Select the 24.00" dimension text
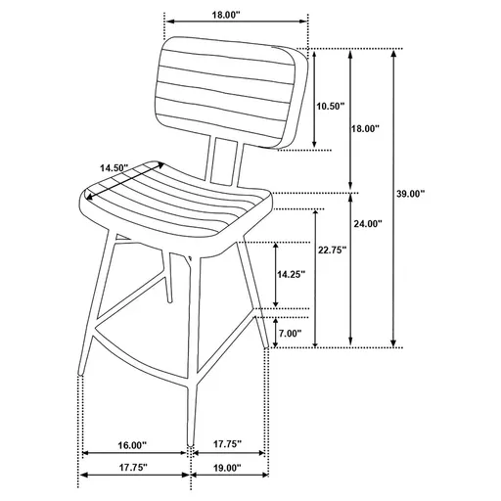pyautogui.click(x=367, y=224)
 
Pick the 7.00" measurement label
pyautogui.click(x=290, y=334)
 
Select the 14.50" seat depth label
pyautogui.click(x=114, y=167)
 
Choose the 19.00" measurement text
pyautogui.click(x=227, y=468)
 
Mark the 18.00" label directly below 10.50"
pyautogui.click(x=366, y=128)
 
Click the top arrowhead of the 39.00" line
pyautogui.click(x=394, y=53)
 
